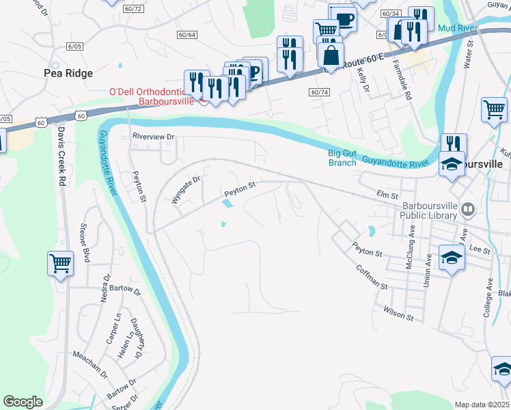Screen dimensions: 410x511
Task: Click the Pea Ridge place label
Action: coord(68,72)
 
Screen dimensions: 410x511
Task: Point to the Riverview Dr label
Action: coord(153,137)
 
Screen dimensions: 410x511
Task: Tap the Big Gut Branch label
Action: coord(341,159)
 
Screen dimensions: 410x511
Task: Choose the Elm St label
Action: coord(387,195)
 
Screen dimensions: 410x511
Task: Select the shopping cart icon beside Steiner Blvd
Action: coord(60,262)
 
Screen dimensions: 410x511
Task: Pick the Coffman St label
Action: coord(372,277)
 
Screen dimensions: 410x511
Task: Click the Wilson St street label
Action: coord(400,313)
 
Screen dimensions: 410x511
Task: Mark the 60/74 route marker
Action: coord(319,92)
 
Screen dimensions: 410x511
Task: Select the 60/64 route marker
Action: coord(187,35)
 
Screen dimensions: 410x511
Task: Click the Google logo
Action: coord(23,402)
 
